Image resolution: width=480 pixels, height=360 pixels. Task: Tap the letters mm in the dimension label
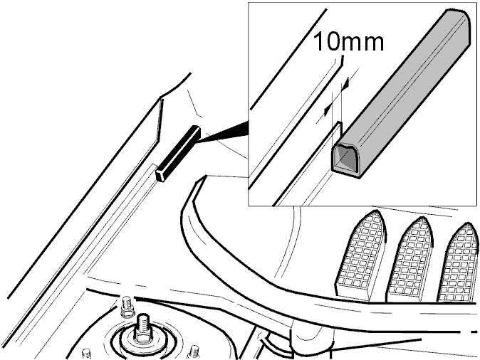pyautogui.click(x=361, y=43)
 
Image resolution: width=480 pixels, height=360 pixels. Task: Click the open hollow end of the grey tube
pyautogui.click(x=346, y=159)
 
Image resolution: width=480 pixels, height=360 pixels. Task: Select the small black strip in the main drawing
pyautogui.click(x=178, y=154)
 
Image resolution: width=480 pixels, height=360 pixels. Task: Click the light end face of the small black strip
pyautogui.click(x=161, y=176)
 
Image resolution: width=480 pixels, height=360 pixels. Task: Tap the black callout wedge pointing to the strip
pyautogui.click(x=224, y=132)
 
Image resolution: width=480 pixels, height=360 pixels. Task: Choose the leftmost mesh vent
pyautogui.click(x=360, y=255)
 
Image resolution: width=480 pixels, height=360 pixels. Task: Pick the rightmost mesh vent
pyautogui.click(x=459, y=263)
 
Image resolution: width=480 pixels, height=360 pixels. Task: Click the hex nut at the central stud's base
pyautogui.click(x=142, y=337)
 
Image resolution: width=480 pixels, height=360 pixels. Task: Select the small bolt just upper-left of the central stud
pyautogui.click(x=127, y=306)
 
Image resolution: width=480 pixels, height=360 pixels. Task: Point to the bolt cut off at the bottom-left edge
pyautogui.click(x=86, y=354)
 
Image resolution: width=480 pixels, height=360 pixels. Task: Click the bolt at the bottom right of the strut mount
pyautogui.click(x=194, y=352)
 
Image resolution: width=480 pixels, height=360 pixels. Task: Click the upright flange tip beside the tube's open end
pyautogui.click(x=338, y=123)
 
